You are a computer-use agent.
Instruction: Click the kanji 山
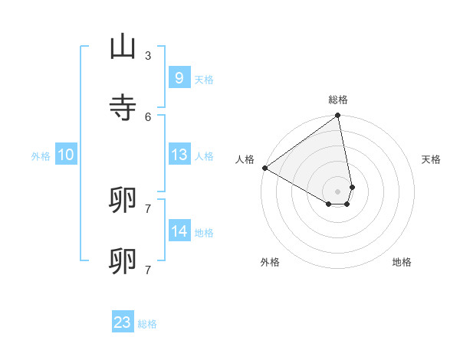[123, 47]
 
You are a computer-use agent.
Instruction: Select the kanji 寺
[123, 108]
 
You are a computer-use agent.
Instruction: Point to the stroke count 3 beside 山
[148, 56]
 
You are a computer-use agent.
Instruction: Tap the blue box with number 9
[179, 78]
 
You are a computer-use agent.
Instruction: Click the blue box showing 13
[179, 155]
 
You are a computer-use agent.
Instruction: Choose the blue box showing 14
[179, 231]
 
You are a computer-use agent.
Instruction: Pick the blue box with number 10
[65, 155]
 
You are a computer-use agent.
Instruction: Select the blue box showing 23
[123, 322]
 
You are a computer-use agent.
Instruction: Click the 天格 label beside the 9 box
[204, 80]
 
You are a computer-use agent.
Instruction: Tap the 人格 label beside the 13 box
[204, 156]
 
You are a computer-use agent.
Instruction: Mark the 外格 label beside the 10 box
[41, 156]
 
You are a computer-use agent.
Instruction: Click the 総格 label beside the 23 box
[147, 324]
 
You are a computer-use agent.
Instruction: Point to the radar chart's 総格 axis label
[338, 100]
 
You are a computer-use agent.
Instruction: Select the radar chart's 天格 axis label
[432, 159]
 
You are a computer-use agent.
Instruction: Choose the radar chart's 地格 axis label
[402, 262]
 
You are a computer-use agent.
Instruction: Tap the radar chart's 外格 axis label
[270, 262]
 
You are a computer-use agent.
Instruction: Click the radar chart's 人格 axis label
[245, 159]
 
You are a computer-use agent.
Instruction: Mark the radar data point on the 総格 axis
[338, 116]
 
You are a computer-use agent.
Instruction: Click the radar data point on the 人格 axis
[264, 168]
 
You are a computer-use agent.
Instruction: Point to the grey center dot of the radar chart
[338, 191]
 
